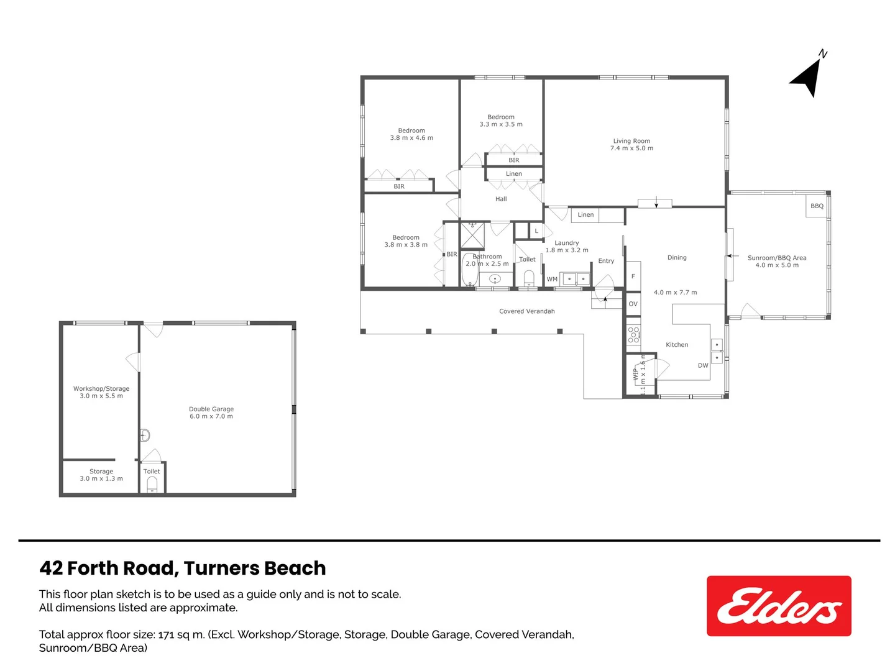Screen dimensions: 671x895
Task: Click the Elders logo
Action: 779,606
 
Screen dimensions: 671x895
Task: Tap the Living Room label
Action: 631,141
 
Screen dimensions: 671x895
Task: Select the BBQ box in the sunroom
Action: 817,206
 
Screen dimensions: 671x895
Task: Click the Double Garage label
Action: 211,409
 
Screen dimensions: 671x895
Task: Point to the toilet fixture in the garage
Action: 152,485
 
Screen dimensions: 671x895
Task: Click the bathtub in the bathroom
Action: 468,270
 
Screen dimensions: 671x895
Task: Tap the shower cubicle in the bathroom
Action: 472,235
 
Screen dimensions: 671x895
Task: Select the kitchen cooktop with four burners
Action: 633,335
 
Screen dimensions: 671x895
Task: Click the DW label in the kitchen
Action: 703,365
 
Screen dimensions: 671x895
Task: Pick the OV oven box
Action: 633,304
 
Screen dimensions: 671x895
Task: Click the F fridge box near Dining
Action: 633,276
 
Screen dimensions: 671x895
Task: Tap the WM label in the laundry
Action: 552,279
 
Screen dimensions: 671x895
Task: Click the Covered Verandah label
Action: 526,311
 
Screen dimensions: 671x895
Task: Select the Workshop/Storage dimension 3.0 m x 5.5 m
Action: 101,396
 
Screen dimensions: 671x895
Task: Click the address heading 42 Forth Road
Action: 182,568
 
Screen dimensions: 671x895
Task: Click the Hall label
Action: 501,199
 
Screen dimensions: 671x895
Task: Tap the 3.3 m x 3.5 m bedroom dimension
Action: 501,124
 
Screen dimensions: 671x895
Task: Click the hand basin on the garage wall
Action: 144,435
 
